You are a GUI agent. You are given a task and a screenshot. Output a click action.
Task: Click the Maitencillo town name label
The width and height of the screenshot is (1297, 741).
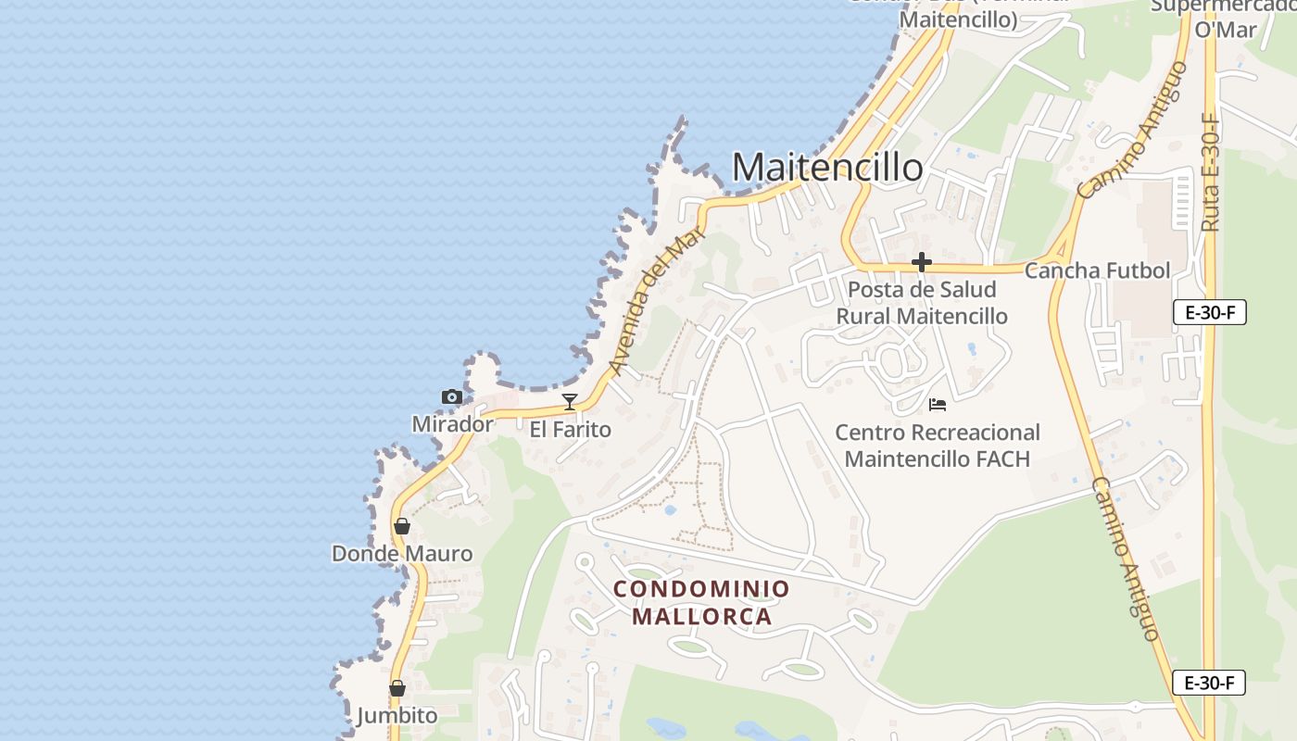tap(827, 168)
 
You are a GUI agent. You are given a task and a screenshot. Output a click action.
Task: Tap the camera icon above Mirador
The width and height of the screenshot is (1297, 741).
tap(452, 397)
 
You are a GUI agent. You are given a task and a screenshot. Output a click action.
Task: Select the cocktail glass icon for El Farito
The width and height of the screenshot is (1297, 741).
tap(570, 402)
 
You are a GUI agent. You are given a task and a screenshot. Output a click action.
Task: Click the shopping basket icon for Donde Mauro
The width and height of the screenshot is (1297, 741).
tap(402, 526)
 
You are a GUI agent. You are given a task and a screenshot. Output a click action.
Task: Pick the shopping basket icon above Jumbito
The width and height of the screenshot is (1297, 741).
tap(397, 688)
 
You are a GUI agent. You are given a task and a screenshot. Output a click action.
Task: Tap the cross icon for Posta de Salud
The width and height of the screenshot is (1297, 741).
tap(921, 263)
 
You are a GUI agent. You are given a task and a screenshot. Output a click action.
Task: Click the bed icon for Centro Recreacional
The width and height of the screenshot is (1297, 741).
tap(938, 405)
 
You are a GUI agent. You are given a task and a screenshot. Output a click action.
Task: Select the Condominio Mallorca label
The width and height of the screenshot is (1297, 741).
tap(702, 602)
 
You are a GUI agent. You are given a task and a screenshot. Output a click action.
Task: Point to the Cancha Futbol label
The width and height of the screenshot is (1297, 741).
tap(1097, 270)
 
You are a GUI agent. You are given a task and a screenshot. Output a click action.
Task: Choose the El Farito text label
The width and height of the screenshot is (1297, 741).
tap(571, 430)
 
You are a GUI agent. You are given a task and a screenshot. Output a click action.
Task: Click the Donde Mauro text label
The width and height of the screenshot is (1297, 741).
tap(402, 554)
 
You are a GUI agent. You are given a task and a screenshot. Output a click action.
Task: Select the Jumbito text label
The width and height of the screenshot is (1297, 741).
tap(397, 716)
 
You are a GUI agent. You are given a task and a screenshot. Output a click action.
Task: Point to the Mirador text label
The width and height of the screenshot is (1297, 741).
tap(452, 424)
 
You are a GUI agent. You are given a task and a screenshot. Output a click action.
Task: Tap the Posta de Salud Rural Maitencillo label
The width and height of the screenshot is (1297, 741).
tap(922, 303)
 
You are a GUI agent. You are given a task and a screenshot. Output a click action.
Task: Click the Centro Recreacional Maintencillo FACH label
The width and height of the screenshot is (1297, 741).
tap(938, 446)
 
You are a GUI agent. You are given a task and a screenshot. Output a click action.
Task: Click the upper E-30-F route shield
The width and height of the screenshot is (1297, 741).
tap(1209, 312)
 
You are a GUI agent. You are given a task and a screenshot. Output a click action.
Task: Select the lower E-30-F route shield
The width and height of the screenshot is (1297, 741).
tap(1209, 684)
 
